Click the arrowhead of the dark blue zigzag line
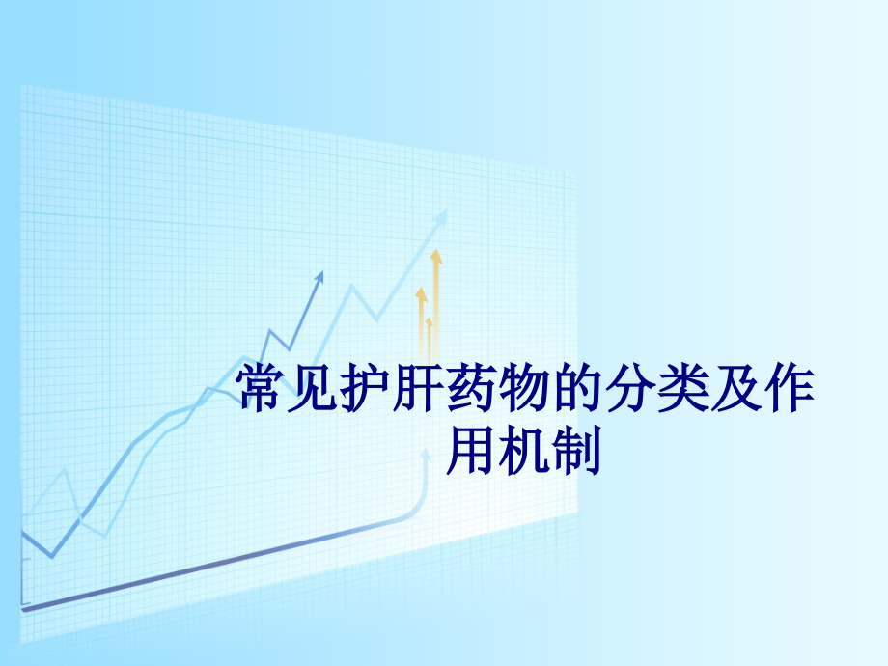[319, 277]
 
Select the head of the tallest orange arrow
[436, 256]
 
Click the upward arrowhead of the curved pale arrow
[425, 461]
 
